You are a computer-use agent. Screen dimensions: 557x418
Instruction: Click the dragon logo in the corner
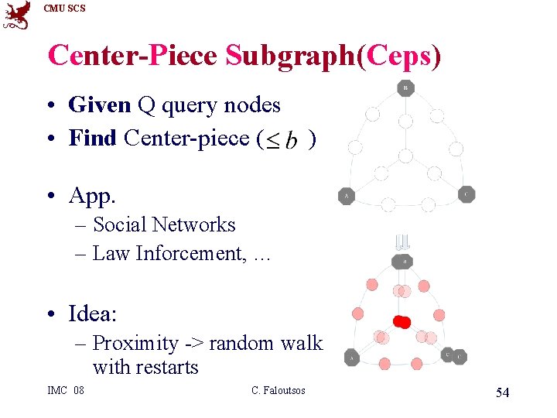click(16, 15)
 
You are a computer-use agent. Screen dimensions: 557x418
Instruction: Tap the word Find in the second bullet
click(92, 139)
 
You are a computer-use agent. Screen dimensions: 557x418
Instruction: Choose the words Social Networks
click(164, 224)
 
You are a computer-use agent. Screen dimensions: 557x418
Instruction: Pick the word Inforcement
click(189, 253)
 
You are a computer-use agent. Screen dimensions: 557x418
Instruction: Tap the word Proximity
click(135, 343)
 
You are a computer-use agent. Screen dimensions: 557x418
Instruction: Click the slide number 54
click(502, 393)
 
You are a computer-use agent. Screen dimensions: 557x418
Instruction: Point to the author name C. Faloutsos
click(278, 390)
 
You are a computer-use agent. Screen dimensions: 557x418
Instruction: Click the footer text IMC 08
click(66, 390)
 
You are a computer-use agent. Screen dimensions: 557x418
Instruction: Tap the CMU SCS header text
click(65, 9)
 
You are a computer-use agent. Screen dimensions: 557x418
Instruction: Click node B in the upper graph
click(405, 88)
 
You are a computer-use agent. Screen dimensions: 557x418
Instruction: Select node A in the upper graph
click(347, 197)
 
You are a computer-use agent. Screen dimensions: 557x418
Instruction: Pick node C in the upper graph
click(466, 194)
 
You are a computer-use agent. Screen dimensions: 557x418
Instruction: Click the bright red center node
click(402, 321)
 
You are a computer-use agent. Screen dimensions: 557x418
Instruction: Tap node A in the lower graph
click(351, 358)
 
